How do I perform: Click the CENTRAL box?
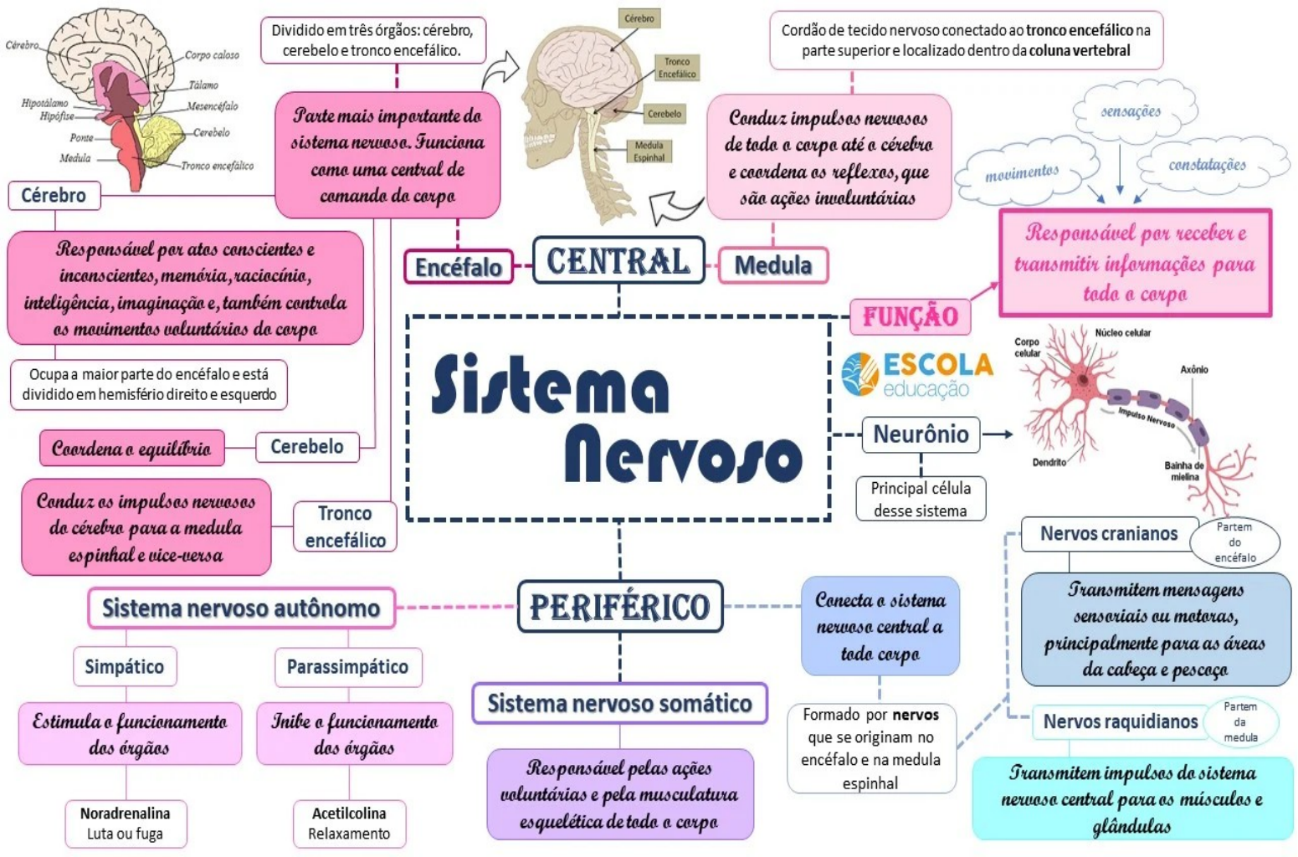[x=618, y=261]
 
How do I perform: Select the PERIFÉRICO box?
[x=619, y=607]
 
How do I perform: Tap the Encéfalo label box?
[x=459, y=267]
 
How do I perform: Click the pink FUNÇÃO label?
[x=910, y=316]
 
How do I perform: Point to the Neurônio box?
[x=921, y=434]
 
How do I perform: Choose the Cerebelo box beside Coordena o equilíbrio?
[x=306, y=447]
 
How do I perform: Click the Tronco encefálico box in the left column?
[x=345, y=526]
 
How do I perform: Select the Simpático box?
[x=125, y=667]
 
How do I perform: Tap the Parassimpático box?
[x=347, y=667]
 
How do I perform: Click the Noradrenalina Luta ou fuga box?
[x=126, y=824]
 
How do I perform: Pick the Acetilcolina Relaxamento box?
[x=349, y=824]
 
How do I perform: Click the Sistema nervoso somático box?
[x=619, y=703]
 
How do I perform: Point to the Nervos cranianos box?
[x=1108, y=534]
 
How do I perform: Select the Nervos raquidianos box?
[x=1120, y=721]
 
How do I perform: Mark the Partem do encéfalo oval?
[x=1235, y=542]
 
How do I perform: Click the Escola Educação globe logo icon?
[x=859, y=373]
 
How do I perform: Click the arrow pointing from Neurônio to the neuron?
[x=997, y=434]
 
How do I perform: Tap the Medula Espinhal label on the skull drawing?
[x=649, y=151]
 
